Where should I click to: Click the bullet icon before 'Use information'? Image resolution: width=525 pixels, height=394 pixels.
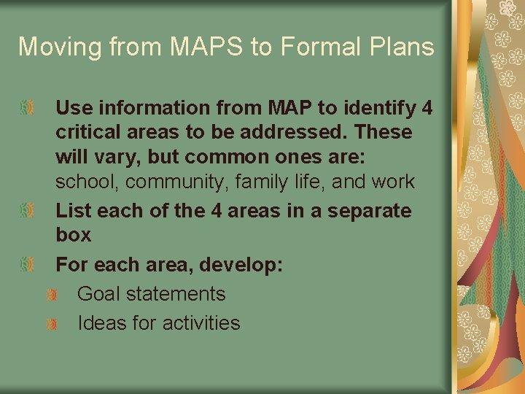pyautogui.click(x=27, y=109)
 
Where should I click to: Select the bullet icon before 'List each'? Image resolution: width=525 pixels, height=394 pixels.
pyautogui.click(x=27, y=211)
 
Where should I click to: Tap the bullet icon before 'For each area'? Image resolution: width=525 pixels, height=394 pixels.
pyautogui.click(x=27, y=265)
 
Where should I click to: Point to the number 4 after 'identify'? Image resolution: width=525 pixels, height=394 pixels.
pyautogui.click(x=427, y=108)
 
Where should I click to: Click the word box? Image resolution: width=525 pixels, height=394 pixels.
pyautogui.click(x=74, y=235)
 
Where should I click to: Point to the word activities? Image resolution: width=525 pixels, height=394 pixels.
pyautogui.click(x=197, y=323)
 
